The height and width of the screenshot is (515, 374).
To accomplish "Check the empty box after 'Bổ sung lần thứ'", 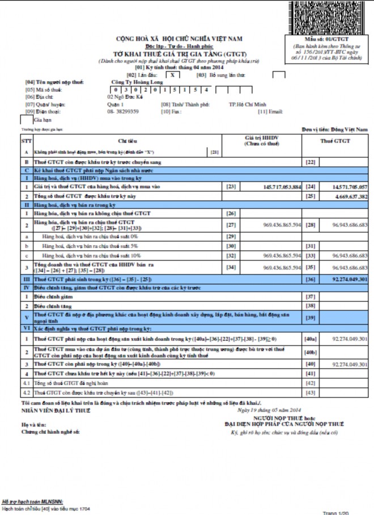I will pos(278,74).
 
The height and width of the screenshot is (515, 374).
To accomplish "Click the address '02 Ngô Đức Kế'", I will pos(124,97).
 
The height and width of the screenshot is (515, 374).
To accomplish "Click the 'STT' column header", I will pos(26,140).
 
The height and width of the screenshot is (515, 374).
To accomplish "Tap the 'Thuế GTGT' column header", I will pos(334,140).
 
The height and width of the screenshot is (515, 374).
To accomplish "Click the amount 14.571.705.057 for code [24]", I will pos(344,187).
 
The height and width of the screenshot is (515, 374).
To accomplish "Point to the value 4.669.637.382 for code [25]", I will pos(345,196).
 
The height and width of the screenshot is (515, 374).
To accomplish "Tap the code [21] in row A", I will pos(214,152).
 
